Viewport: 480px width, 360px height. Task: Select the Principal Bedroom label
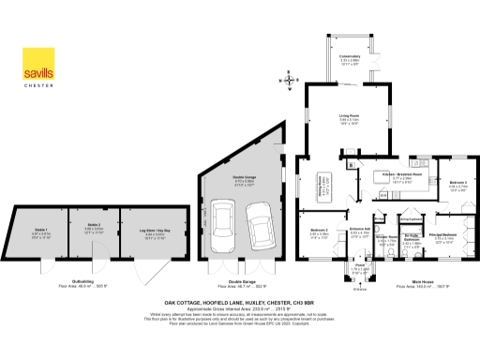click(444, 237)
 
